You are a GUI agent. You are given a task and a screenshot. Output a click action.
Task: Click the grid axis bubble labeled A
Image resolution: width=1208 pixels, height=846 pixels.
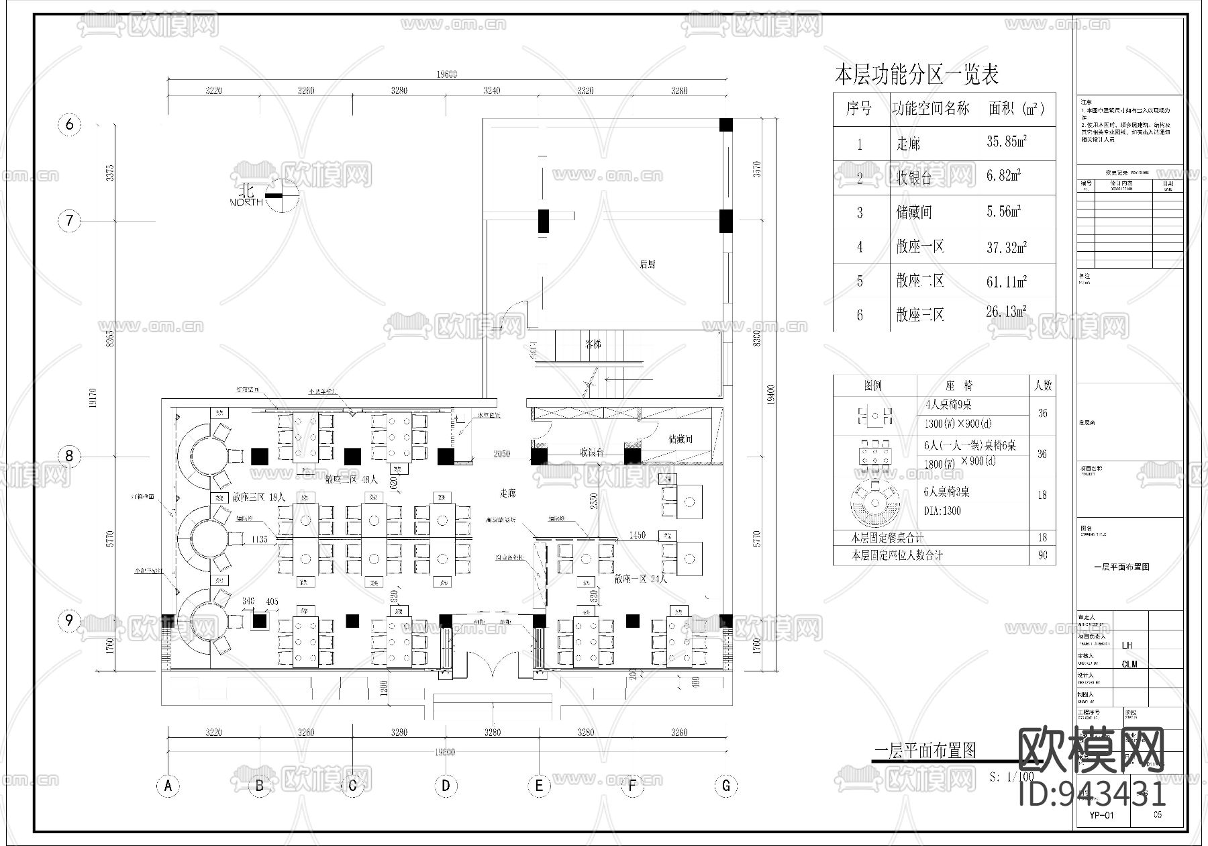point(168,785)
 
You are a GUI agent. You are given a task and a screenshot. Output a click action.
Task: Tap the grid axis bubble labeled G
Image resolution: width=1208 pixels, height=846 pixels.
point(725,785)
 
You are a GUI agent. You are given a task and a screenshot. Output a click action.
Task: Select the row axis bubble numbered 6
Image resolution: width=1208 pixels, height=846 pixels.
point(69,124)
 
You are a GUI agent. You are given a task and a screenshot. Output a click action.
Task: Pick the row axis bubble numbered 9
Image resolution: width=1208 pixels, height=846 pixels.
point(69,620)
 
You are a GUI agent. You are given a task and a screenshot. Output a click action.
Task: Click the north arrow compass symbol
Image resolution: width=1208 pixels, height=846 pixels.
point(282,195)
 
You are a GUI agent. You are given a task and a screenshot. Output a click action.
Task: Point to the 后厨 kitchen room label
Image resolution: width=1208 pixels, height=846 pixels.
point(647,265)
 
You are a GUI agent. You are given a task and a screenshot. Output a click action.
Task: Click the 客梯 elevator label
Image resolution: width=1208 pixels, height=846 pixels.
point(593,344)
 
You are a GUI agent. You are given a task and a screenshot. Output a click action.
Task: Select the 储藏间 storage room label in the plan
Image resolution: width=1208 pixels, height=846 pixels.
point(680,440)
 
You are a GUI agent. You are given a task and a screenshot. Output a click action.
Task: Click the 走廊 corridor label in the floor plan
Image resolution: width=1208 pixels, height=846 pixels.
point(507,493)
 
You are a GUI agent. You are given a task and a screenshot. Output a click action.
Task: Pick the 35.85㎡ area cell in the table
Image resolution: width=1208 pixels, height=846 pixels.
point(1007,142)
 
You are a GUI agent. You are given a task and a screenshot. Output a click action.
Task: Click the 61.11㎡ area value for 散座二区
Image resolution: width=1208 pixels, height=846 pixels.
point(1007,281)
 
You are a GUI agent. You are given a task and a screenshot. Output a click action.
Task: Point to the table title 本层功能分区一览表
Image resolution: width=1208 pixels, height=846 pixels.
point(916,75)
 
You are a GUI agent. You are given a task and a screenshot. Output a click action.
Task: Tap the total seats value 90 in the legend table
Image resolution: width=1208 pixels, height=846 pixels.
point(1042,555)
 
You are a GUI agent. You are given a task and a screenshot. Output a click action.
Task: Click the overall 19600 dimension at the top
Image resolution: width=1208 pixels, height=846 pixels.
point(446,75)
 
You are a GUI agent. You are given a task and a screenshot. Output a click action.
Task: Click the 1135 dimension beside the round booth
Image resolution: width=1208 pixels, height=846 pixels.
point(260,539)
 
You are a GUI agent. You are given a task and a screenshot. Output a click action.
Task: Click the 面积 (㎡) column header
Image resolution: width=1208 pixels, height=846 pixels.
point(1016,109)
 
